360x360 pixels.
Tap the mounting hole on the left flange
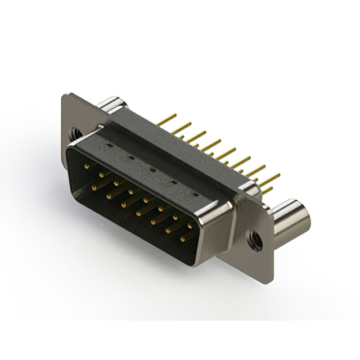[x=74, y=134]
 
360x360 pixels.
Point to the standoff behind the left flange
[x=112, y=105]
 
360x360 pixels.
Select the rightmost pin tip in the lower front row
[x=182, y=238]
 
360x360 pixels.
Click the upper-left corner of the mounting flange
[x=65, y=96]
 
